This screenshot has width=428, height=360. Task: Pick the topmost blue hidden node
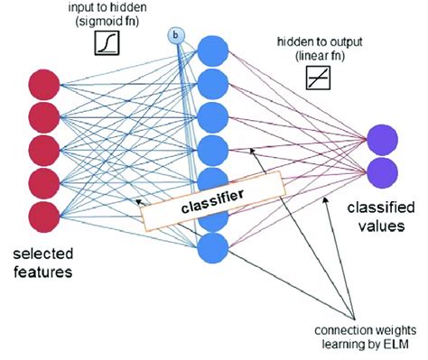212,50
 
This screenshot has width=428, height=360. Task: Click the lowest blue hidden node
212,246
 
